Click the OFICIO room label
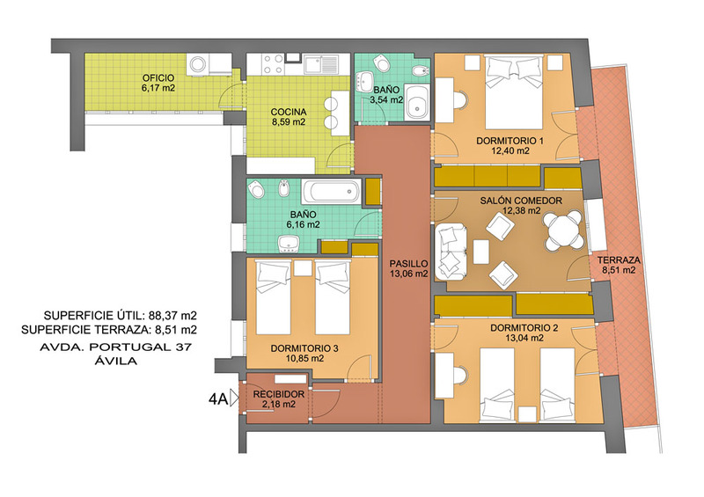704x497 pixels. point(158,78)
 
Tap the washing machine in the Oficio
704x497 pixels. point(198,64)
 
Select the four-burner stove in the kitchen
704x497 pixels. point(273,64)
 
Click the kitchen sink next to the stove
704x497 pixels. point(320,64)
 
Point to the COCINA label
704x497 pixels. point(289,112)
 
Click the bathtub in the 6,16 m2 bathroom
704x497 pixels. point(332,192)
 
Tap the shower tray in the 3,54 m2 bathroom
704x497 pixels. point(416,102)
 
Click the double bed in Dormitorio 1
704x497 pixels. point(514,92)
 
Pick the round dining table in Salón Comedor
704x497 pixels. point(563,231)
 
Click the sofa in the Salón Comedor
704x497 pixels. point(451,252)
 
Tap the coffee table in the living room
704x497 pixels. point(480,252)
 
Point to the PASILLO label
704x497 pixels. point(408,264)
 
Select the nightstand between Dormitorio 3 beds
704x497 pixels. point(303,268)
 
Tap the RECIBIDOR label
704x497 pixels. point(278,394)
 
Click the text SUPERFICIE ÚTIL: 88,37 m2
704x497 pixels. point(120,315)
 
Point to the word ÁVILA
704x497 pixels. point(116,361)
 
